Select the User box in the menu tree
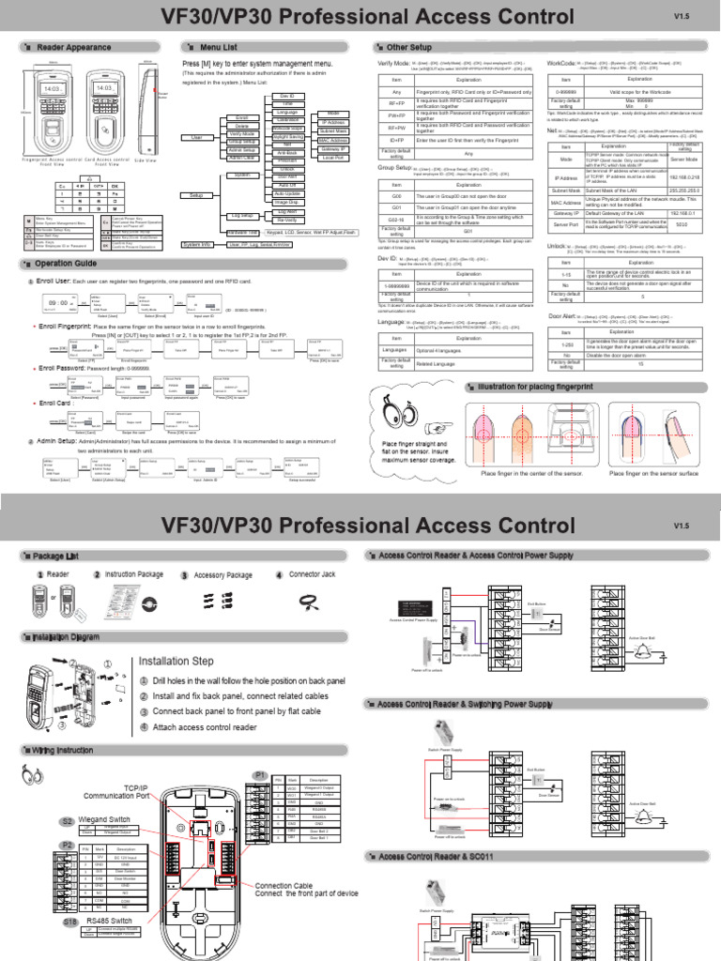[x=196, y=137]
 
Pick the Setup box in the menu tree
[x=196, y=195]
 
